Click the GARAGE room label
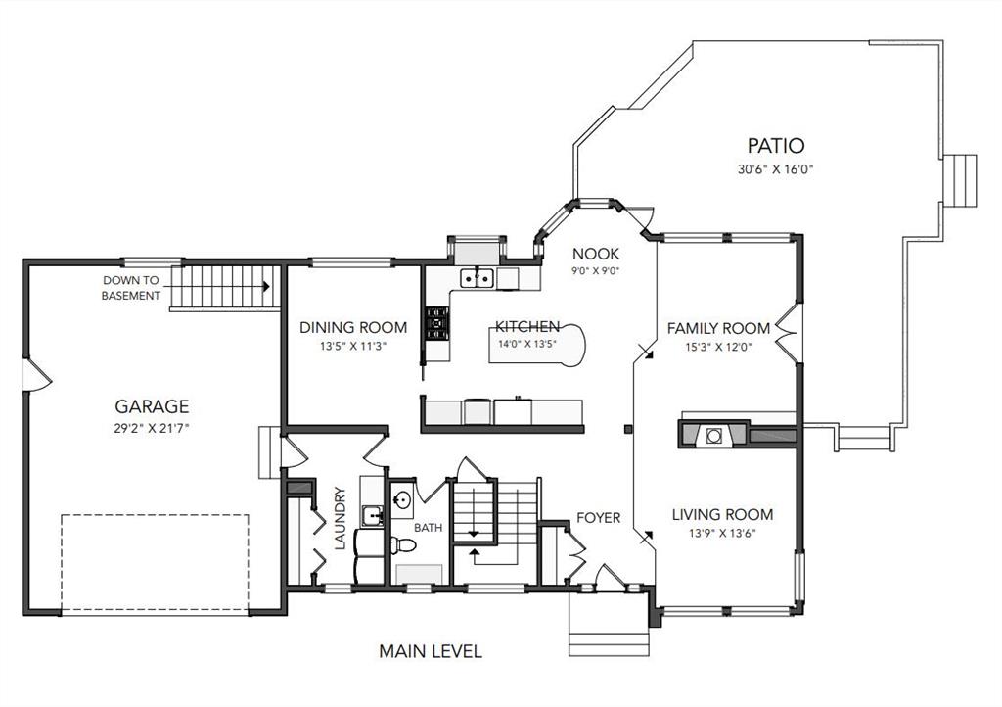click(x=152, y=406)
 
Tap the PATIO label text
click(x=776, y=146)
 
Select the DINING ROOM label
click(x=353, y=328)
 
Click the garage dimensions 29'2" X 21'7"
click(x=152, y=428)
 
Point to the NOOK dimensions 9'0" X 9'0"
click(x=596, y=270)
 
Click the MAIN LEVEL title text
click(x=431, y=651)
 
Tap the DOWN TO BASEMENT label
click(x=131, y=288)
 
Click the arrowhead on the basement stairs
click(x=266, y=286)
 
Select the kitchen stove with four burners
click(x=437, y=323)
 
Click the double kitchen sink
click(x=477, y=278)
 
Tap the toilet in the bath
click(x=403, y=545)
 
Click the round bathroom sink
click(x=402, y=499)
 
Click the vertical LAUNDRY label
click(x=340, y=518)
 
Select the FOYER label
click(x=599, y=518)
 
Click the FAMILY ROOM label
click(x=718, y=329)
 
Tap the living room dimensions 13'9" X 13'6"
click(x=722, y=533)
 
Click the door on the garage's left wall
click(x=36, y=374)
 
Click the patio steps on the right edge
click(x=961, y=180)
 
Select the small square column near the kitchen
click(x=628, y=429)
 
